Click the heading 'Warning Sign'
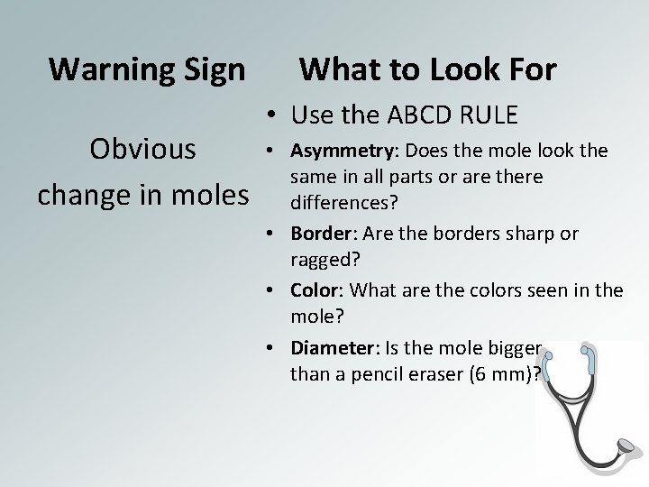[x=146, y=69]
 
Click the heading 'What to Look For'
[x=427, y=69]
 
